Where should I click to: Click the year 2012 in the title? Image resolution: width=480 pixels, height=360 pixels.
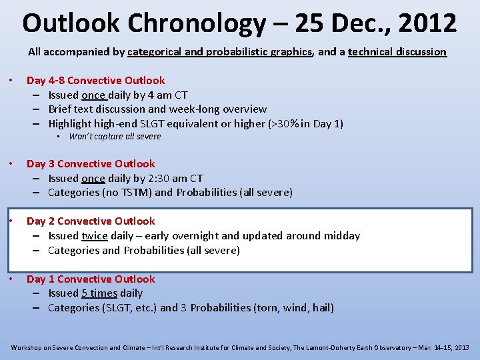click(x=425, y=23)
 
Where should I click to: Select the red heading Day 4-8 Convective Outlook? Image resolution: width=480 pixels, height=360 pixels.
click(x=95, y=80)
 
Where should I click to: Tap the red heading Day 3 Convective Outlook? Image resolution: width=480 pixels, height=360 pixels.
click(x=91, y=163)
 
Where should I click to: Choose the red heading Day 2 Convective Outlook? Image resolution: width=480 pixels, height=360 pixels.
click(x=91, y=221)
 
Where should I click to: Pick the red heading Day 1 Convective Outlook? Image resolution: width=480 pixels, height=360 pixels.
click(x=91, y=279)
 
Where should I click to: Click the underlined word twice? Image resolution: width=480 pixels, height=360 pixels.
click(x=95, y=235)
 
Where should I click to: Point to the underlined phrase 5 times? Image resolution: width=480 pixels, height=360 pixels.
click(x=99, y=293)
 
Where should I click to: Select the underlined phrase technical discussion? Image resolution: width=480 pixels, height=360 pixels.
click(x=397, y=51)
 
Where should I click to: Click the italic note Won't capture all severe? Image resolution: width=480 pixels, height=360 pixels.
click(x=115, y=137)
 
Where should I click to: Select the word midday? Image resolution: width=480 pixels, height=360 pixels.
click(x=342, y=235)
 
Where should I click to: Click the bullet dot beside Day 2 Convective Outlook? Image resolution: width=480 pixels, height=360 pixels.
click(x=13, y=221)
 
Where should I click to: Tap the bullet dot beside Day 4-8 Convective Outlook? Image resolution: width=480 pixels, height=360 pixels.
click(x=13, y=81)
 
